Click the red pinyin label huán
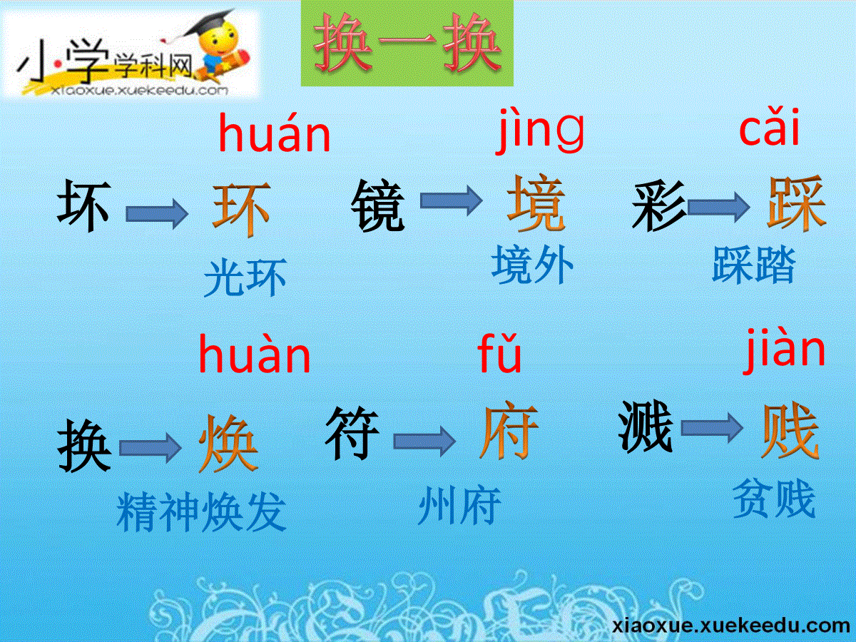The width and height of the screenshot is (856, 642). (275, 133)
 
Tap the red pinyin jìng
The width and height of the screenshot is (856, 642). (540, 130)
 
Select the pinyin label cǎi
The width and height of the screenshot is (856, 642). (770, 127)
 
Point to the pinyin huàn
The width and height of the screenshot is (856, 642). (255, 354)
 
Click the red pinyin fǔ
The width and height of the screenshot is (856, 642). (499, 353)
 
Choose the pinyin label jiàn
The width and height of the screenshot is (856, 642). (784, 350)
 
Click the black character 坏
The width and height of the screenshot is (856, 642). (84, 205)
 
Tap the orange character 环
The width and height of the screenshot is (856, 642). (241, 209)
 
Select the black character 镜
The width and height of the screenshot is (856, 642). (377, 205)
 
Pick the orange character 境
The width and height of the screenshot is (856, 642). (536, 203)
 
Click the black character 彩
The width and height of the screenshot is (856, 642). (659, 205)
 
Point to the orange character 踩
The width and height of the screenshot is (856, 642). (796, 203)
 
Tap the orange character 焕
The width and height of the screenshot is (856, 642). (228, 444)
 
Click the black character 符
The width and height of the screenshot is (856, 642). (352, 433)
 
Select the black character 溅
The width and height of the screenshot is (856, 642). (646, 426)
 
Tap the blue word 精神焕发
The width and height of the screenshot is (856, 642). (202, 511)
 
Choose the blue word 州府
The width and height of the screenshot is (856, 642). (459, 505)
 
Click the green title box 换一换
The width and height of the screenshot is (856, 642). (407, 43)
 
